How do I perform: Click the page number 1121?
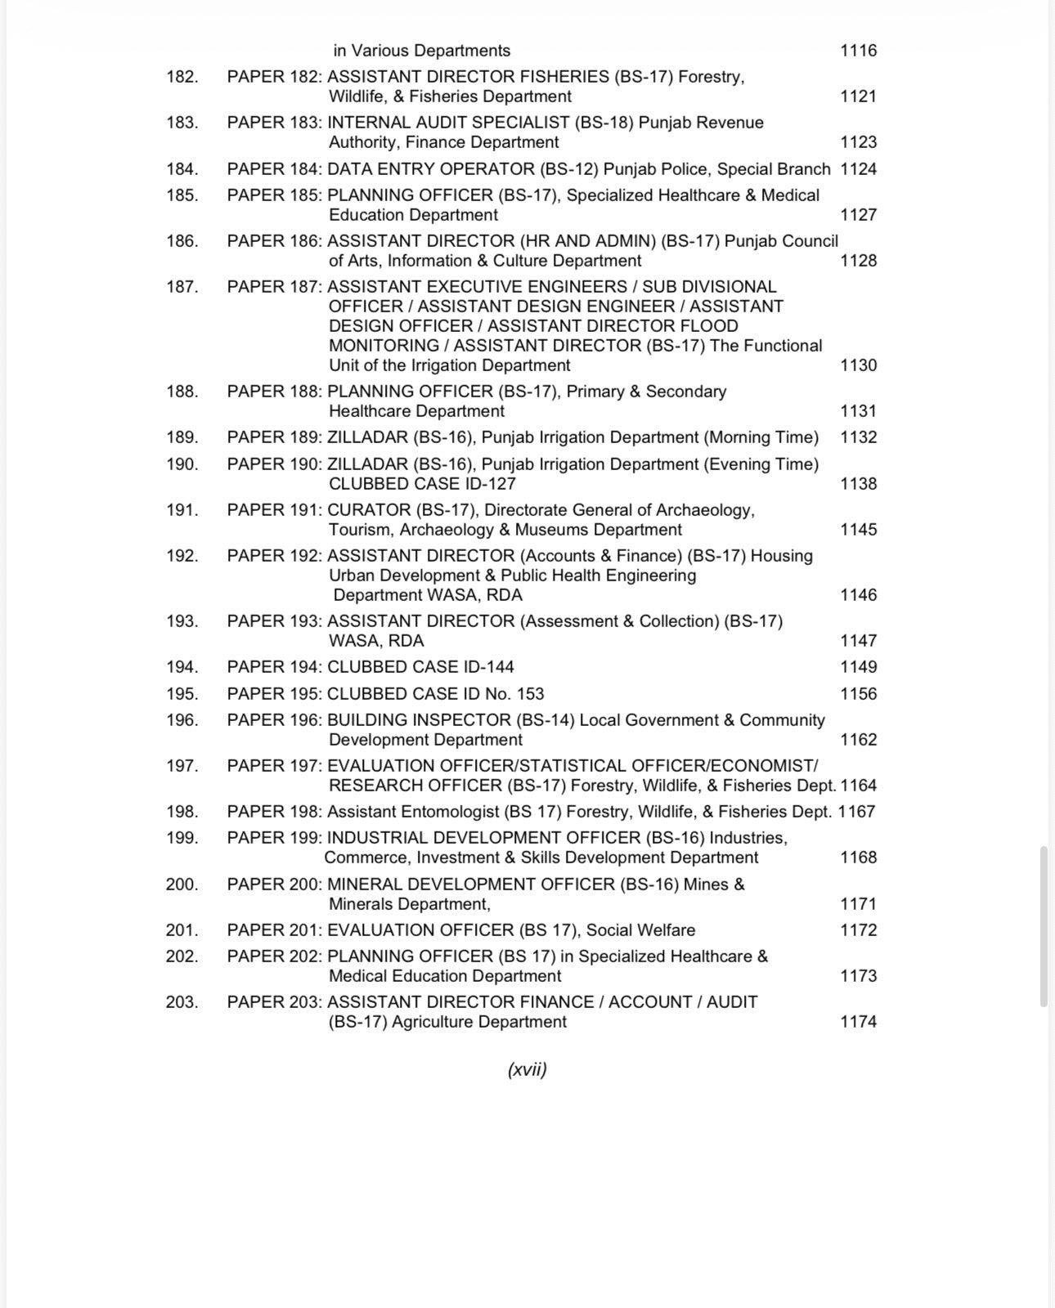point(858,96)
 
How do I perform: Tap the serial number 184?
point(182,169)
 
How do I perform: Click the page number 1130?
point(858,365)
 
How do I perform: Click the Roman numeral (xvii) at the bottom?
point(527,1069)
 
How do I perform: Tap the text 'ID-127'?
point(488,484)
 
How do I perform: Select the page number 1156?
point(858,694)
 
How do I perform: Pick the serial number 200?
point(182,885)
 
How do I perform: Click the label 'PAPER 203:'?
point(274,1002)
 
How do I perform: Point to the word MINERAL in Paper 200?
point(363,885)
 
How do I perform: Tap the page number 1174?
point(858,1022)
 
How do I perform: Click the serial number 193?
point(182,621)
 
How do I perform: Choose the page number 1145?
point(858,530)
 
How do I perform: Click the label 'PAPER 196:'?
point(274,720)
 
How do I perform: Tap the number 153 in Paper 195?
point(530,694)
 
